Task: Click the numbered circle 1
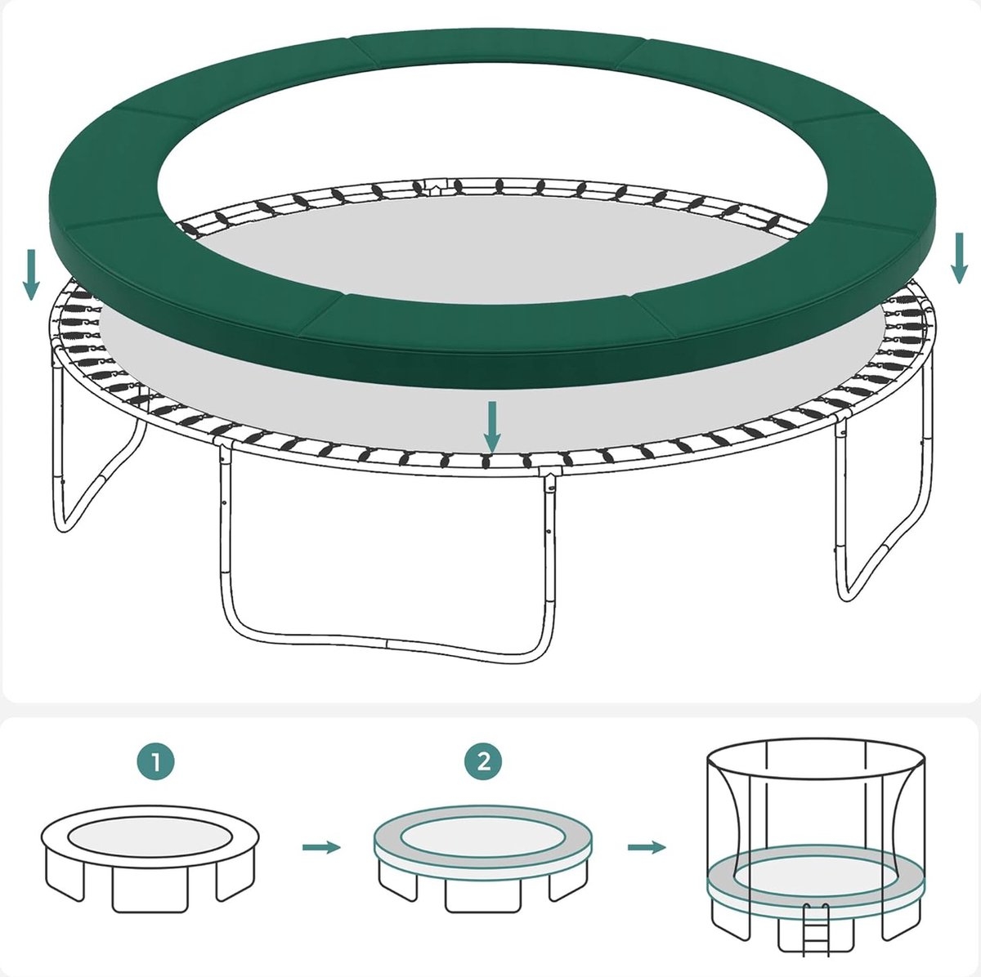point(156,762)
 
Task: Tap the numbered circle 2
point(483,762)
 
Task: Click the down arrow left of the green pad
point(31,274)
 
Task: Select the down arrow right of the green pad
point(960,258)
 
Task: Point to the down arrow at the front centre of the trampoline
point(492,427)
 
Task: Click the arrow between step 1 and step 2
point(321,847)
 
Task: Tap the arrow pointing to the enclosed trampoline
point(647,847)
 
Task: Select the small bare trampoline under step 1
point(150,859)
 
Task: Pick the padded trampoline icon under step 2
point(482,859)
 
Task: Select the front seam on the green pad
point(320,315)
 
